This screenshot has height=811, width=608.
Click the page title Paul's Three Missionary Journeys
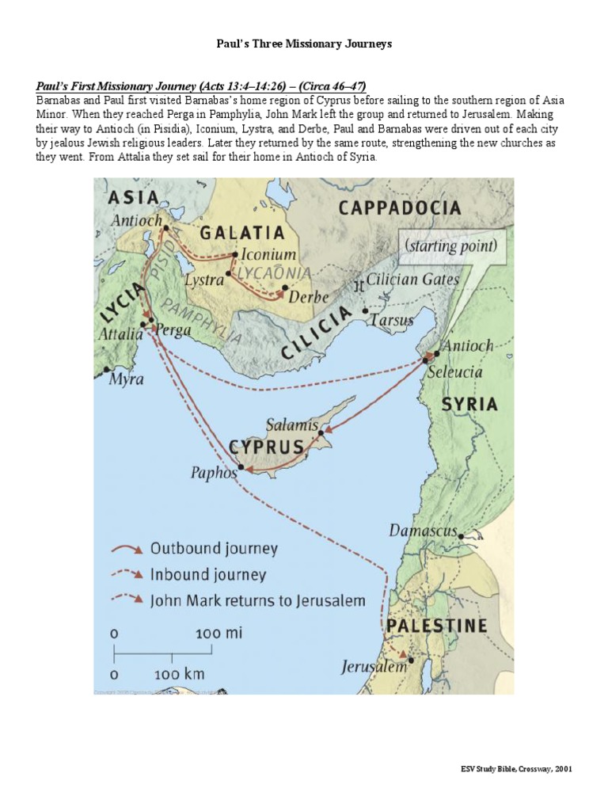point(304,44)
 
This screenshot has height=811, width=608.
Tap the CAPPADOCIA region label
point(399,208)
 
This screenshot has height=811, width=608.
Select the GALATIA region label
point(241,232)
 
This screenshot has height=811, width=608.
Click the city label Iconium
point(268,255)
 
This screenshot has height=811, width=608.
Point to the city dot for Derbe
point(285,288)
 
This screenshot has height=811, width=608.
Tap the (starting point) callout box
point(451,246)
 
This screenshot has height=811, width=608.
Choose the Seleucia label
point(454,371)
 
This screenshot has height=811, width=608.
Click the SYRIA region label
point(469,404)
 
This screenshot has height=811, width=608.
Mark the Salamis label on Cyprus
point(292,425)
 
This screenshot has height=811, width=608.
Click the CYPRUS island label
point(267,447)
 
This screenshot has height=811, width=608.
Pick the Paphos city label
point(214,473)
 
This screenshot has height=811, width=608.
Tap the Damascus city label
point(424,530)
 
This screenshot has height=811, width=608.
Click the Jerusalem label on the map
point(374,667)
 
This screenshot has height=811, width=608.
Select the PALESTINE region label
point(436,626)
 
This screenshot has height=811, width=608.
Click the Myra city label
point(127,379)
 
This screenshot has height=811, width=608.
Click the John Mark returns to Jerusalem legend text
point(257,600)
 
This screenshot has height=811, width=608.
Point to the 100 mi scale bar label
point(219,634)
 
